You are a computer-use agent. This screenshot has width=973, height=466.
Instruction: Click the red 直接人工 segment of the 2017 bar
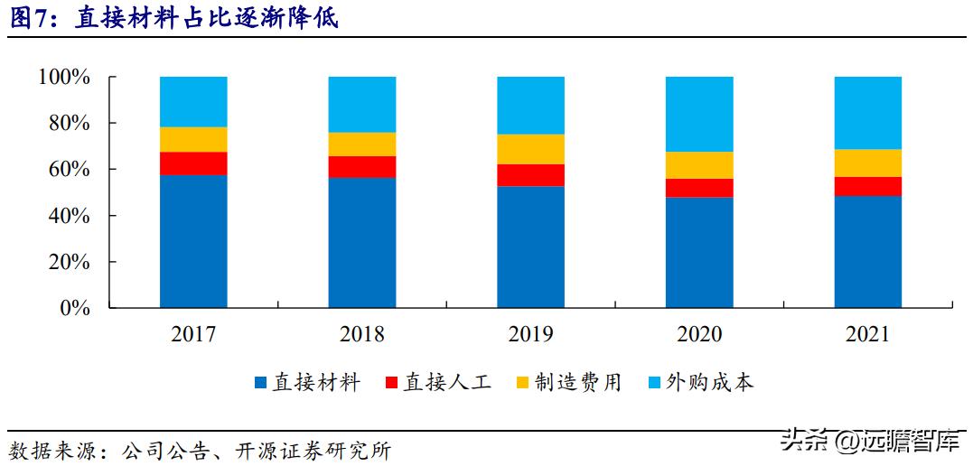tap(193, 163)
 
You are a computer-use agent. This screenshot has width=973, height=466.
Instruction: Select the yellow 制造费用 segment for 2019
tap(530, 149)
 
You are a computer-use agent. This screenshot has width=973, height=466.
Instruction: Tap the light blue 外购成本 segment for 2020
tap(699, 114)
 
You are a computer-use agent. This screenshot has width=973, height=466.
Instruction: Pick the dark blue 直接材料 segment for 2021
tap(868, 252)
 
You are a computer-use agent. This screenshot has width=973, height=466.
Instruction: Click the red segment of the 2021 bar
tap(868, 186)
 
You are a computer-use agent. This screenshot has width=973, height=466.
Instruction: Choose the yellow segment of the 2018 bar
tap(362, 144)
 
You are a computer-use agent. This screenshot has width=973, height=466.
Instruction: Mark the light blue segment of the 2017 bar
tap(193, 101)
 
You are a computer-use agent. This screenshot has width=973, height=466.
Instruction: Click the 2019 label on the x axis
tap(530, 334)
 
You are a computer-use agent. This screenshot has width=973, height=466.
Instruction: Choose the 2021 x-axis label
tap(868, 334)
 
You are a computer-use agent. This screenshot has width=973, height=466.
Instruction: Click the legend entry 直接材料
tap(308, 383)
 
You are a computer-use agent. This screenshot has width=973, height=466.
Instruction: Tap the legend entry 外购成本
tap(700, 383)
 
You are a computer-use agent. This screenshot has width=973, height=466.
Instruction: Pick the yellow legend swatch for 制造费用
tap(522, 384)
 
